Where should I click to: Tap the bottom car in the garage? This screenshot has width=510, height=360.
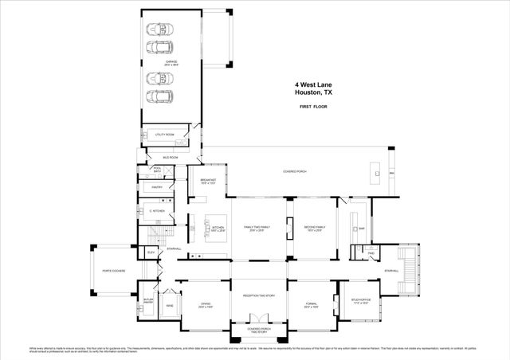click(161, 99)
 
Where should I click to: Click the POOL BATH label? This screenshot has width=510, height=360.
click(157, 170)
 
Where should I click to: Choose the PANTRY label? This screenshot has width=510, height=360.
click(157, 187)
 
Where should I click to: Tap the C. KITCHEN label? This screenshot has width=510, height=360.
click(156, 210)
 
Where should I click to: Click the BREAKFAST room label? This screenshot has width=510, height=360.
click(209, 182)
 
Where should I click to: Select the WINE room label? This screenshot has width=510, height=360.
click(169, 304)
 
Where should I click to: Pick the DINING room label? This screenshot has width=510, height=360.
click(205, 305)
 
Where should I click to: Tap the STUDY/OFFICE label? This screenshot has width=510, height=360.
click(361, 300)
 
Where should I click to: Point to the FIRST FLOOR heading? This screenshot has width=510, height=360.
click(316, 106)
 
